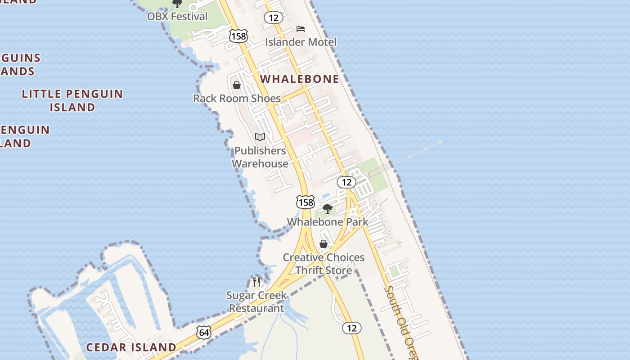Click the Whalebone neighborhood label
point(300,79)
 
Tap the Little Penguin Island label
point(72,100)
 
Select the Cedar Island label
point(131,347)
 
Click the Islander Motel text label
point(301,42)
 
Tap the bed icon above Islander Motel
point(301,29)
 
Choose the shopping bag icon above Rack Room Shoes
point(237,85)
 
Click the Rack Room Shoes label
point(237,98)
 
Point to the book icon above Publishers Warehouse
point(260,137)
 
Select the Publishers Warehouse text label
point(260,157)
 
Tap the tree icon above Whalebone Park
point(328,208)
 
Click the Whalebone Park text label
point(328,222)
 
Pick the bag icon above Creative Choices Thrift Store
point(323,244)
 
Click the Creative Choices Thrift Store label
point(324,264)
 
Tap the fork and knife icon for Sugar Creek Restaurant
point(256,282)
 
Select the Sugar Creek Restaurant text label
point(256,301)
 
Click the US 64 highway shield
point(204,333)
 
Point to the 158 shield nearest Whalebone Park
point(306,202)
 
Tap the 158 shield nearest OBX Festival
point(238,36)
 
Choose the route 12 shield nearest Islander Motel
point(274,18)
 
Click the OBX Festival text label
point(177,17)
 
